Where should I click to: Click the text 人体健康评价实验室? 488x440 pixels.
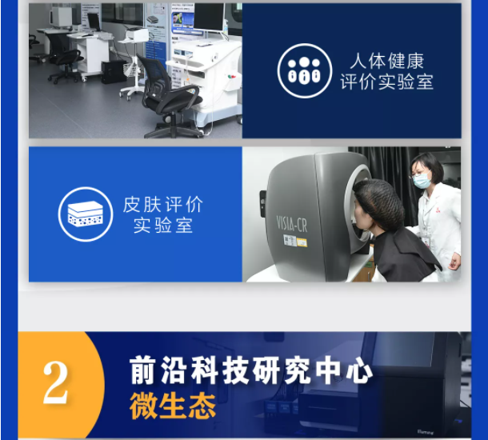[x=387, y=71]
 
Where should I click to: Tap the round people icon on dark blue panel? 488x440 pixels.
[x=304, y=71]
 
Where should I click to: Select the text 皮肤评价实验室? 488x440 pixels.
[x=162, y=214]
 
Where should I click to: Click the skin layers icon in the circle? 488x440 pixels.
[x=86, y=214]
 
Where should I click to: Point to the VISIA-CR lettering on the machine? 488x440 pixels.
[x=292, y=224]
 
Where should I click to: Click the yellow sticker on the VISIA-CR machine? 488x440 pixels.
[x=302, y=242]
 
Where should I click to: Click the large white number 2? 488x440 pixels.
[x=55, y=382]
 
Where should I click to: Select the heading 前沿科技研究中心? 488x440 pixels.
[x=251, y=371]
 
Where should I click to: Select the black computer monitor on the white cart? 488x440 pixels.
[x=209, y=16]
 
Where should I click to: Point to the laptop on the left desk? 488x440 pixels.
[x=94, y=22]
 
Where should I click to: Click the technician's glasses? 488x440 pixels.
[x=421, y=174]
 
